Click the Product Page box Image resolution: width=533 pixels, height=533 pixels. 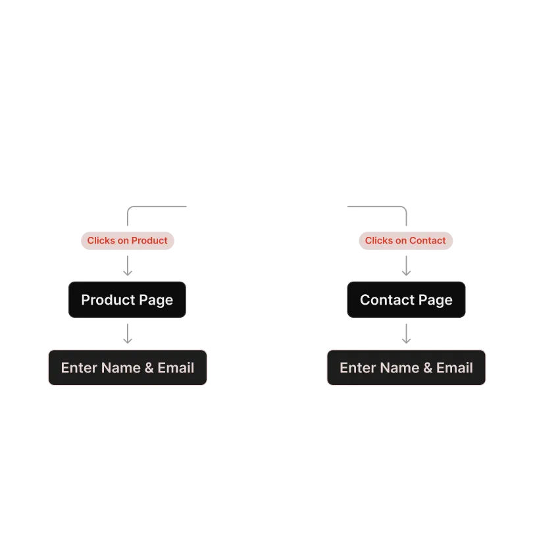(x=127, y=300)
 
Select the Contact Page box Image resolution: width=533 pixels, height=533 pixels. (x=406, y=300)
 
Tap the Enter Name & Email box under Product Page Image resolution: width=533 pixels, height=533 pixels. (x=127, y=367)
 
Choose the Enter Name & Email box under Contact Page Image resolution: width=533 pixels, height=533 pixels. (x=406, y=367)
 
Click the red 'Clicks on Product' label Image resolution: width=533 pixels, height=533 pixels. (x=127, y=241)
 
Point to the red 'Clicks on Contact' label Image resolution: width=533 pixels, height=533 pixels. (x=405, y=241)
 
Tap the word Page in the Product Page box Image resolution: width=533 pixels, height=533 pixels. (x=156, y=300)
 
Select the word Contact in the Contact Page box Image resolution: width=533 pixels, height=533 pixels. (x=387, y=300)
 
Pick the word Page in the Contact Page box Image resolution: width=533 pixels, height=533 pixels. (x=436, y=300)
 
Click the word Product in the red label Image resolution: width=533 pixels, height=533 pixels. (x=149, y=241)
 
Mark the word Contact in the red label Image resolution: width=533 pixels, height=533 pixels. (x=428, y=241)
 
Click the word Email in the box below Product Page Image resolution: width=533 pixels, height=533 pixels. (x=176, y=367)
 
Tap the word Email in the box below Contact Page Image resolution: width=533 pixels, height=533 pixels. (x=455, y=367)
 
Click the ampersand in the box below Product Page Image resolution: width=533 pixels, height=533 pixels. (x=148, y=367)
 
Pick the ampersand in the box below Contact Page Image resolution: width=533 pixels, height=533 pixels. (x=427, y=367)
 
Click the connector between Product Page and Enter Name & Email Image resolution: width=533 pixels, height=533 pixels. (x=128, y=334)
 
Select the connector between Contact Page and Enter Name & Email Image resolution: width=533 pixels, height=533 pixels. (x=407, y=334)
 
